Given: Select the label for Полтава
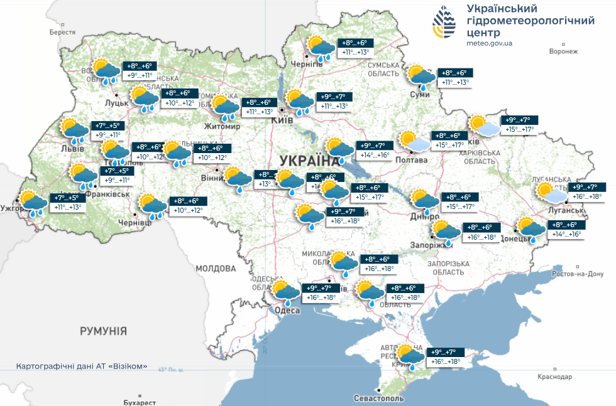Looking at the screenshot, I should click(x=411, y=160).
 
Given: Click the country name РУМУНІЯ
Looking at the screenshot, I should click(x=104, y=331).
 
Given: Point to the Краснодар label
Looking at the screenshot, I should click(x=555, y=377).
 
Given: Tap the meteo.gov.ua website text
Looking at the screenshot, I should click(x=490, y=43).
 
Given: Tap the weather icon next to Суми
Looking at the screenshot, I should click(x=422, y=76).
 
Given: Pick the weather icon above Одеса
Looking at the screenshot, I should click(x=286, y=291).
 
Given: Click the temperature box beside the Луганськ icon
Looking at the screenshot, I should click(x=588, y=191).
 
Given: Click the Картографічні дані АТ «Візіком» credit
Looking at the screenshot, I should click(x=82, y=366).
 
